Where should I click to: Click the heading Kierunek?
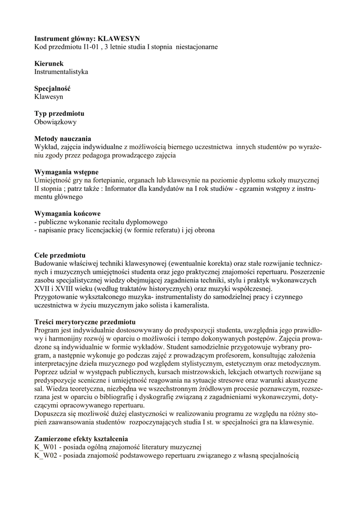[x=49, y=64]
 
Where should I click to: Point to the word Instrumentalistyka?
[x=61, y=72]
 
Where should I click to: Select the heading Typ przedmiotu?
[x=59, y=114]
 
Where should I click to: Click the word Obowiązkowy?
[x=55, y=122]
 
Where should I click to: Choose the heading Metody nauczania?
[x=63, y=139]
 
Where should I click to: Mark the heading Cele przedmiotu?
[x=60, y=255]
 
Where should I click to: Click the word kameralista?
[x=190, y=306]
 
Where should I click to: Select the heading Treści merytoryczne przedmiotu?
[x=85, y=322]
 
